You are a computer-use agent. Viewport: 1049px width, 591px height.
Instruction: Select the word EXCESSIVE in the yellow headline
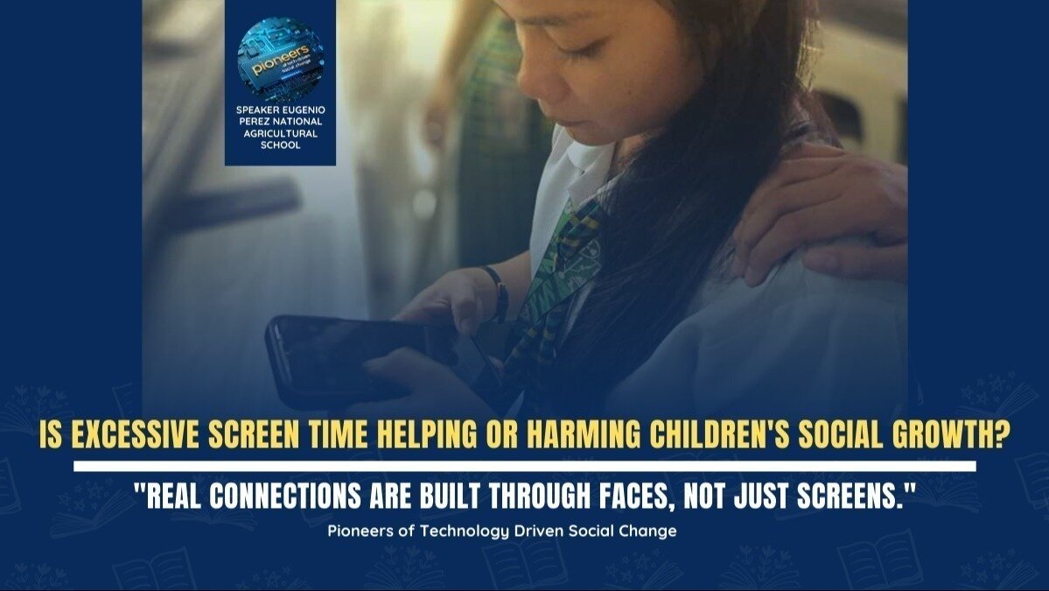click(148, 437)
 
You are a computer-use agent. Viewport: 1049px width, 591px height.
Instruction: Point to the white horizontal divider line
click(524, 466)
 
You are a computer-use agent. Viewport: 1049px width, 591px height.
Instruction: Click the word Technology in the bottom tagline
click(458, 531)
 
